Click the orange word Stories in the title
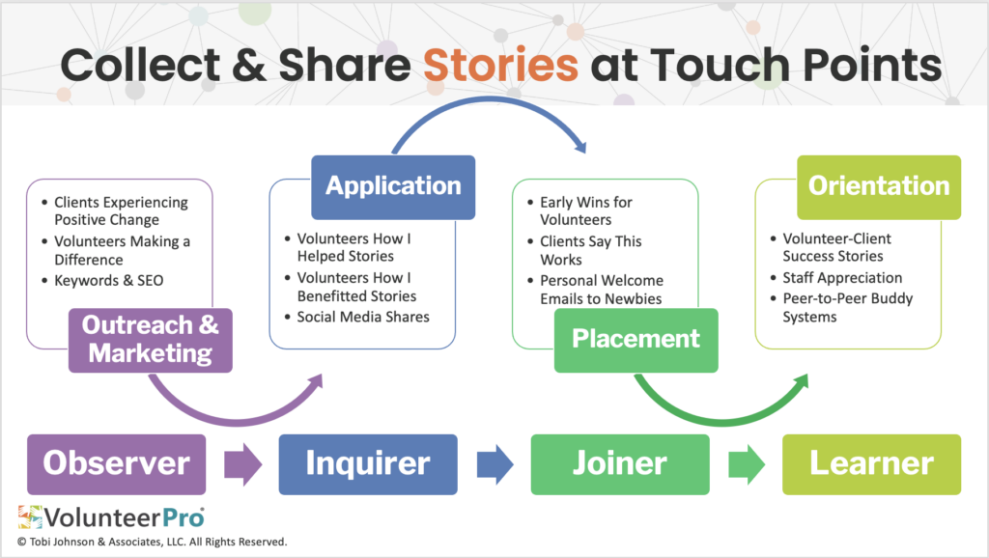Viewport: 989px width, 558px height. click(x=500, y=66)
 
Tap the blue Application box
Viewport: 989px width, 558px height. click(x=393, y=187)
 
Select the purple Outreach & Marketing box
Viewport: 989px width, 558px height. click(x=150, y=340)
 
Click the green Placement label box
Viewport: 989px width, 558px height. click(x=636, y=340)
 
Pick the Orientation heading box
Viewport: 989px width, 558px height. click(x=879, y=187)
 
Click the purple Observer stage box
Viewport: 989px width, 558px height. click(x=116, y=464)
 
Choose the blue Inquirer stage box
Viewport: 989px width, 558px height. click(x=368, y=464)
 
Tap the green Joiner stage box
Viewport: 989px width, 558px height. click(x=620, y=464)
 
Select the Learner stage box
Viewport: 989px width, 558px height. click(x=872, y=464)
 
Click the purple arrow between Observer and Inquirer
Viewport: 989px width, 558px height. click(x=242, y=464)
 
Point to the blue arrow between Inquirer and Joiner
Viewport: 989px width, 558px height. click(x=495, y=464)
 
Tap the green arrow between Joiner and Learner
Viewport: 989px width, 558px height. click(x=747, y=464)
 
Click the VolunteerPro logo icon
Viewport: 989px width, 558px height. click(x=30, y=517)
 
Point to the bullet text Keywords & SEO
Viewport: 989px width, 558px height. click(x=108, y=281)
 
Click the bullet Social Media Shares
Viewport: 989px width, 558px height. click(x=363, y=317)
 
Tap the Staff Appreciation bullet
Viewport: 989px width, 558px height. click(x=842, y=278)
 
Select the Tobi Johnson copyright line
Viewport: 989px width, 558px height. click(x=152, y=542)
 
